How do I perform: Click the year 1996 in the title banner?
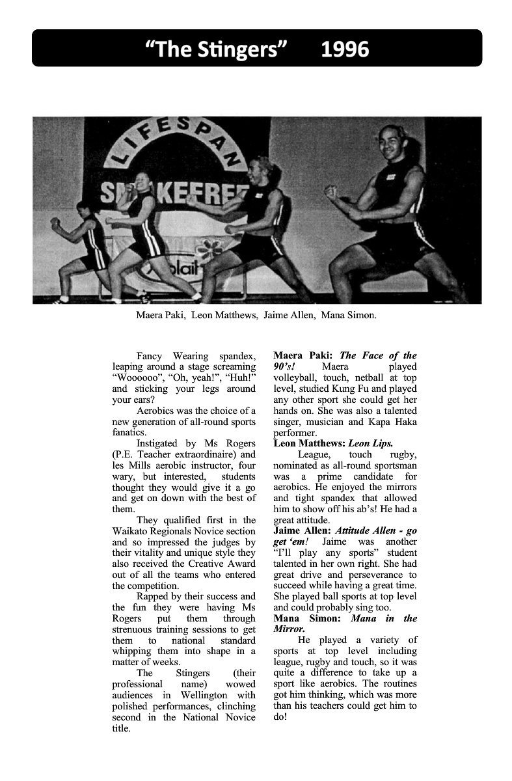345,49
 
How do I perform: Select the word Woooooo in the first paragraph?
134,377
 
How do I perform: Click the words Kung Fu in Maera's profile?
358,389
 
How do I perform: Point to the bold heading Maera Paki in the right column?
303,355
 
